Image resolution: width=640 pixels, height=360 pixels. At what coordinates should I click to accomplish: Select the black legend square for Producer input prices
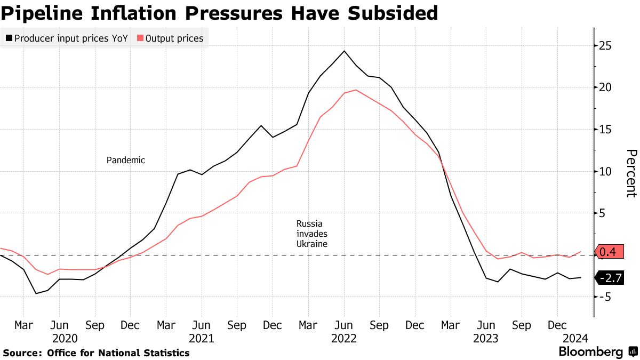coord(9,38)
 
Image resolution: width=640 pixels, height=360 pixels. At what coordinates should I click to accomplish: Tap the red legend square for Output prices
coord(140,38)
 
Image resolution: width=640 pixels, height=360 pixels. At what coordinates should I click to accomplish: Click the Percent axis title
coord(631,173)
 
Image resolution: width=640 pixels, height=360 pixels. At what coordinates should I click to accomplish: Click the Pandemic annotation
coord(126,160)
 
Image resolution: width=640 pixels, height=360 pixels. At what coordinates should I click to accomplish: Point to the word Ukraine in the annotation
coord(311,244)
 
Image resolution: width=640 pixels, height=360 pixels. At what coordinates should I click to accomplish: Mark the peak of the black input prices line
coord(344,51)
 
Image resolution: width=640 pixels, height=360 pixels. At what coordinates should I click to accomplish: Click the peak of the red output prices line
coord(356,90)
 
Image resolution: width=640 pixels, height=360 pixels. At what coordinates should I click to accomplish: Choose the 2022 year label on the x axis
coord(344,338)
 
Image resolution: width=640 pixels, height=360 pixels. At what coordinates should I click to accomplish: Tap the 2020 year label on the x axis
coord(65,338)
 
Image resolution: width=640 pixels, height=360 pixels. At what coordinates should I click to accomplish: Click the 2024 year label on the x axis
coord(577,338)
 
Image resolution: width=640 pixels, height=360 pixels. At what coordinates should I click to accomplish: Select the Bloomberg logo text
coord(590,352)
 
